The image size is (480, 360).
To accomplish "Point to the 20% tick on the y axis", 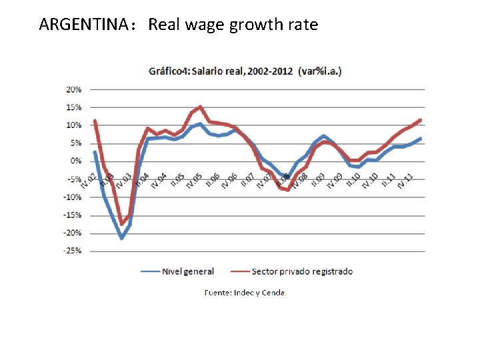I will point(73,89).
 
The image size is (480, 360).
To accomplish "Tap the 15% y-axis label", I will point(73,107).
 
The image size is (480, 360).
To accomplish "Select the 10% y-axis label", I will point(73,125).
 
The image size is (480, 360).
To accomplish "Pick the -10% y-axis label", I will point(72,197).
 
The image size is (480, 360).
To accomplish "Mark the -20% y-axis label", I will point(72,233).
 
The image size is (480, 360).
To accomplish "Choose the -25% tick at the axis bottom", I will point(72,251).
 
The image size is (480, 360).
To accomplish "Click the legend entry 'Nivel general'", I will point(189,271).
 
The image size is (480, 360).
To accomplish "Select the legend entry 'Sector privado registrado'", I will point(302,271).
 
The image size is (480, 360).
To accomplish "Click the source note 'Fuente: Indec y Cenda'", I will point(244,293).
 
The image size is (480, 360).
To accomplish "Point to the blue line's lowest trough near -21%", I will point(121,237).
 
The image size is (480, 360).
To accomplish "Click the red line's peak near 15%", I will point(201,107).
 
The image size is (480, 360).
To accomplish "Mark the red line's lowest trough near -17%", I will point(122,223).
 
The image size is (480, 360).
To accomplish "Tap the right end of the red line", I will point(421,120).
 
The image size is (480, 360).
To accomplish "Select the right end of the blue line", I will point(421,139).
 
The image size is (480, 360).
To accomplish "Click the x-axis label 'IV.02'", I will point(89,179).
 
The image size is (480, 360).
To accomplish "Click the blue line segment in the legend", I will point(150,271).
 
